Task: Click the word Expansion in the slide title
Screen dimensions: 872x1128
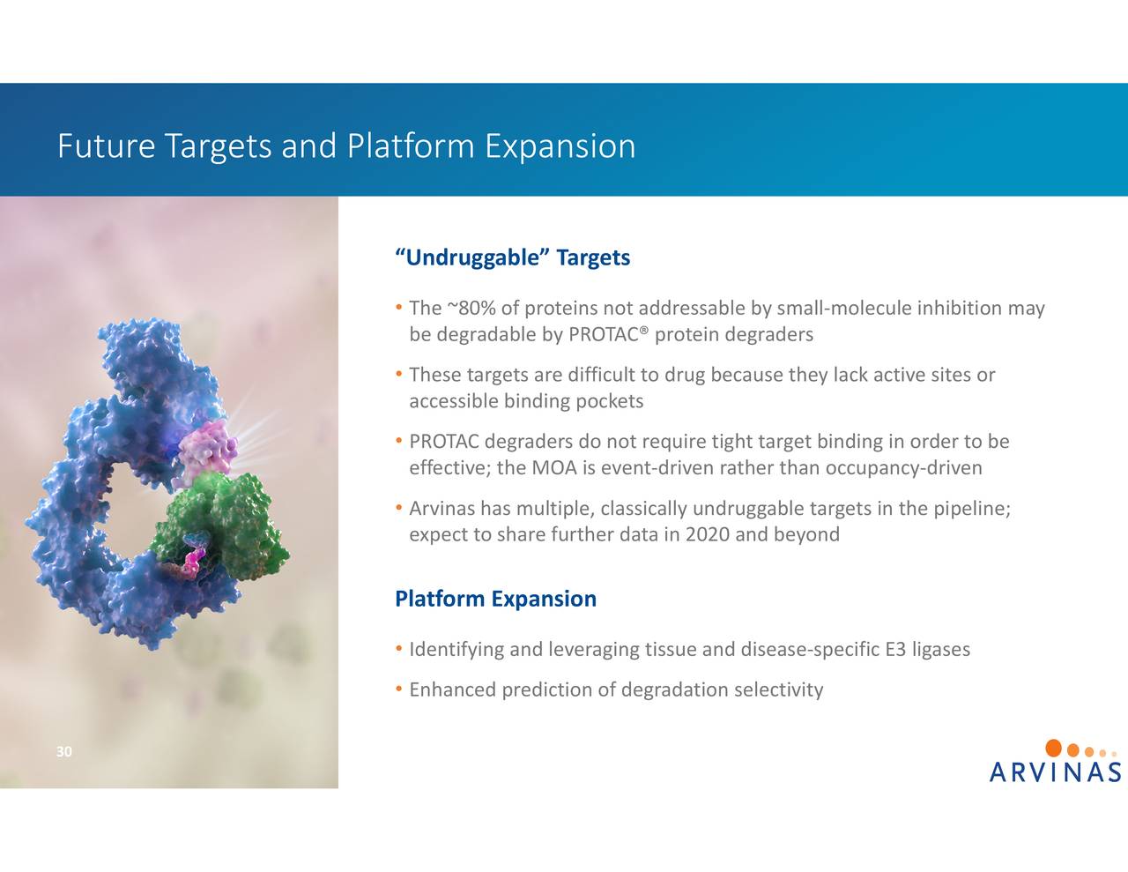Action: [560, 146]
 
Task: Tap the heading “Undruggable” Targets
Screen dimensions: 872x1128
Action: [513, 257]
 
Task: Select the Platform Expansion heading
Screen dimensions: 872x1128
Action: [495, 599]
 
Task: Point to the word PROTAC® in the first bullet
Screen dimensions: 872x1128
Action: [609, 335]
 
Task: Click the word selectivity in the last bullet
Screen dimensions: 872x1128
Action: [779, 689]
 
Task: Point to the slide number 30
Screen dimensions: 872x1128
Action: [63, 752]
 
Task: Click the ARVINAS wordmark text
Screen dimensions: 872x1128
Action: [1055, 773]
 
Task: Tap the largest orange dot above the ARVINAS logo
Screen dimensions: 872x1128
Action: [1053, 749]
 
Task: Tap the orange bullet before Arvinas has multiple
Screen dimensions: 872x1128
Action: [399, 508]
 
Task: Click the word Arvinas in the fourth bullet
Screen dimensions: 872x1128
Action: [442, 509]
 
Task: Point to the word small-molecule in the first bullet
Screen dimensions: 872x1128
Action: [843, 309]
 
